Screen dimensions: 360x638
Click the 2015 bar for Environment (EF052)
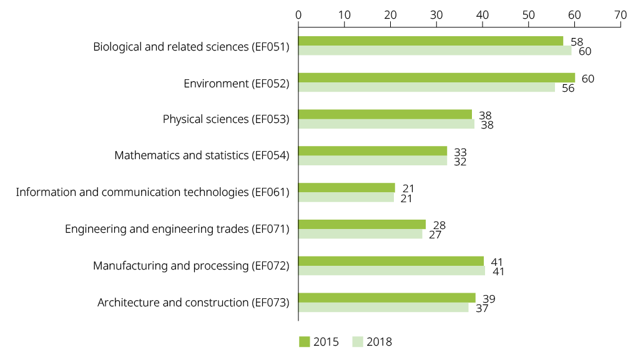tap(436, 77)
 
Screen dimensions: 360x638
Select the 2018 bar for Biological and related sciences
tap(434, 51)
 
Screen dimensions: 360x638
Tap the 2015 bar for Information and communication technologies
tap(346, 187)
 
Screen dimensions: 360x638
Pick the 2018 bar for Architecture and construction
tap(383, 307)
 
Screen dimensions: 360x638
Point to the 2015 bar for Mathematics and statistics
tap(373, 150)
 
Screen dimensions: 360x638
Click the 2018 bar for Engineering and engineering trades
tap(360, 235)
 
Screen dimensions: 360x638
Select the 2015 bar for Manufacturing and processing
tap(391, 261)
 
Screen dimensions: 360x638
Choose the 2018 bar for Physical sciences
tap(386, 124)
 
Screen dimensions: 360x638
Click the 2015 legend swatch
tap(305, 341)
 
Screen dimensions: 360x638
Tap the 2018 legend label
tap(380, 341)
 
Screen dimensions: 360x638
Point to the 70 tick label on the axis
tap(620, 14)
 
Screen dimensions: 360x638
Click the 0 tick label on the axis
tap(298, 14)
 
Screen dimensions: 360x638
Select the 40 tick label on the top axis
tap(482, 14)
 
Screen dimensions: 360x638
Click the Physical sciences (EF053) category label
tap(226, 119)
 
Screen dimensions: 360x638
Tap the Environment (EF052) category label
tap(237, 83)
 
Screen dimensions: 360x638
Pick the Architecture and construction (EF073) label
tap(194, 303)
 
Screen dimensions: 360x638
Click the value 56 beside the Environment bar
tap(567, 88)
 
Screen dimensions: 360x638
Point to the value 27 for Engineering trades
tap(435, 235)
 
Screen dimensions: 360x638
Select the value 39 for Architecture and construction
tap(489, 299)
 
